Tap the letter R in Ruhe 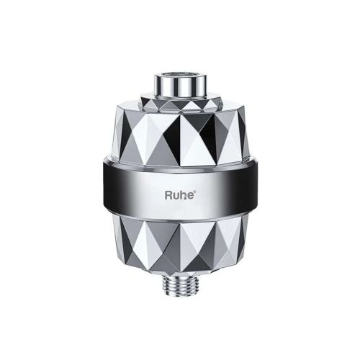(169, 194)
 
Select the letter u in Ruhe (177, 194)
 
